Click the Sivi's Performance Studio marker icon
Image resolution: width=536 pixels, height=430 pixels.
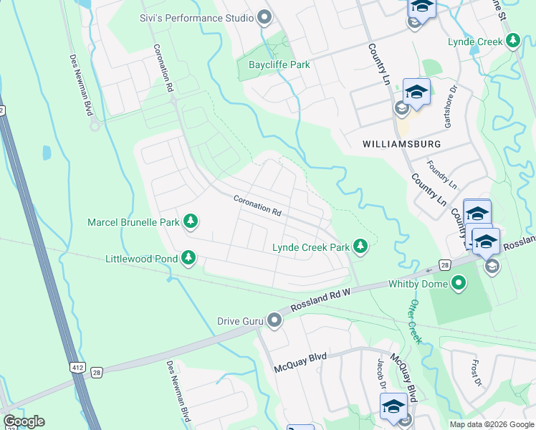point(264,17)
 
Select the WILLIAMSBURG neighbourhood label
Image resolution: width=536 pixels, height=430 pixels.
point(401,144)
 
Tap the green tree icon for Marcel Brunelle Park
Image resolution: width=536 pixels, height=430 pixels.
point(191,221)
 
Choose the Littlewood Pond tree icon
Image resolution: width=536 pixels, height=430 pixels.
point(188,257)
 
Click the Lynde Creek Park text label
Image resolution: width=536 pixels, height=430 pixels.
point(311,248)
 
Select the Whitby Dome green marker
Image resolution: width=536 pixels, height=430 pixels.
point(459,285)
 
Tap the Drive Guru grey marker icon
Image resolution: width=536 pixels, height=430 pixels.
point(274,320)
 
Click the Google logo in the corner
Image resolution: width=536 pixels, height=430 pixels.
point(24,421)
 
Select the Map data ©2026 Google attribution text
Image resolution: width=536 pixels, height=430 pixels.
point(491,424)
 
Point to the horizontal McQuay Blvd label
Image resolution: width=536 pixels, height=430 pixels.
point(300,368)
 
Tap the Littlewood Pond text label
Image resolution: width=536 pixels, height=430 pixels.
point(140,258)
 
